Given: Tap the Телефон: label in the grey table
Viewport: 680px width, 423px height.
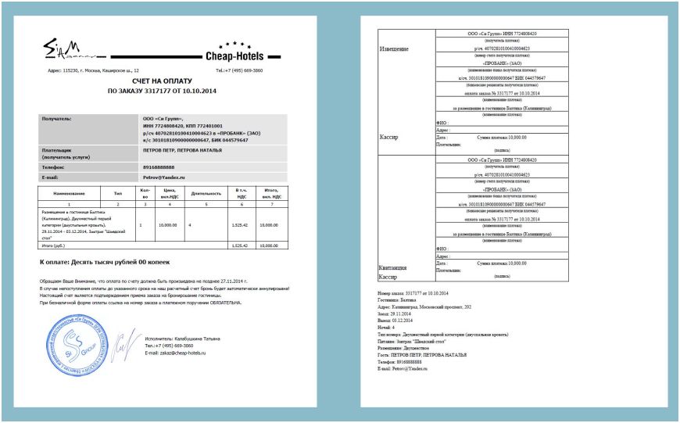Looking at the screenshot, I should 54,167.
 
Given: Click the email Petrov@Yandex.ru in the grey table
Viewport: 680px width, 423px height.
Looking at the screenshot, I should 164,177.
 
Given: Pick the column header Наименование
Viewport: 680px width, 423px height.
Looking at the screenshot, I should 68,192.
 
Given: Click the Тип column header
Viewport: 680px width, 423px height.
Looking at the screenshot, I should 118,192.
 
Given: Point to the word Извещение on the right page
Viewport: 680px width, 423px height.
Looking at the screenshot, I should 394,49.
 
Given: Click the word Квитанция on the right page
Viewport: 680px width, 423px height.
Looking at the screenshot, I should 394,267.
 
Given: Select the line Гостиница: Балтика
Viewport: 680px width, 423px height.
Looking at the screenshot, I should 397,299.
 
